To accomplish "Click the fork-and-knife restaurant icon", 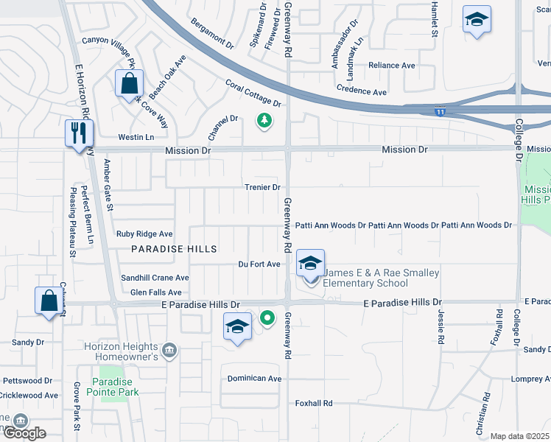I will click(78, 133).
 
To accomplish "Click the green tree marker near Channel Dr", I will click(264, 119).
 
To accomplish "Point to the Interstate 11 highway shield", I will click(440, 112).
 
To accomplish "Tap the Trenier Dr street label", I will click(263, 187).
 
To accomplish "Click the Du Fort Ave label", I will click(259, 264).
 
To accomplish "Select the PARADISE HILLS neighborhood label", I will click(174, 249).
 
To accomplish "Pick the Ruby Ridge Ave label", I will click(144, 234).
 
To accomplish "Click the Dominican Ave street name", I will click(254, 379).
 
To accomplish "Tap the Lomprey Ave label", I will click(530, 379).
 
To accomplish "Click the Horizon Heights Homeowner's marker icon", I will click(169, 348).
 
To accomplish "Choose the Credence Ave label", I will click(361, 91).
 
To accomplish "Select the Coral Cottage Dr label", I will click(254, 94).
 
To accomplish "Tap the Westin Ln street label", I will click(136, 137).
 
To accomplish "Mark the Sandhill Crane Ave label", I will click(155, 278).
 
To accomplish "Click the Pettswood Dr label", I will click(27, 381).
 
